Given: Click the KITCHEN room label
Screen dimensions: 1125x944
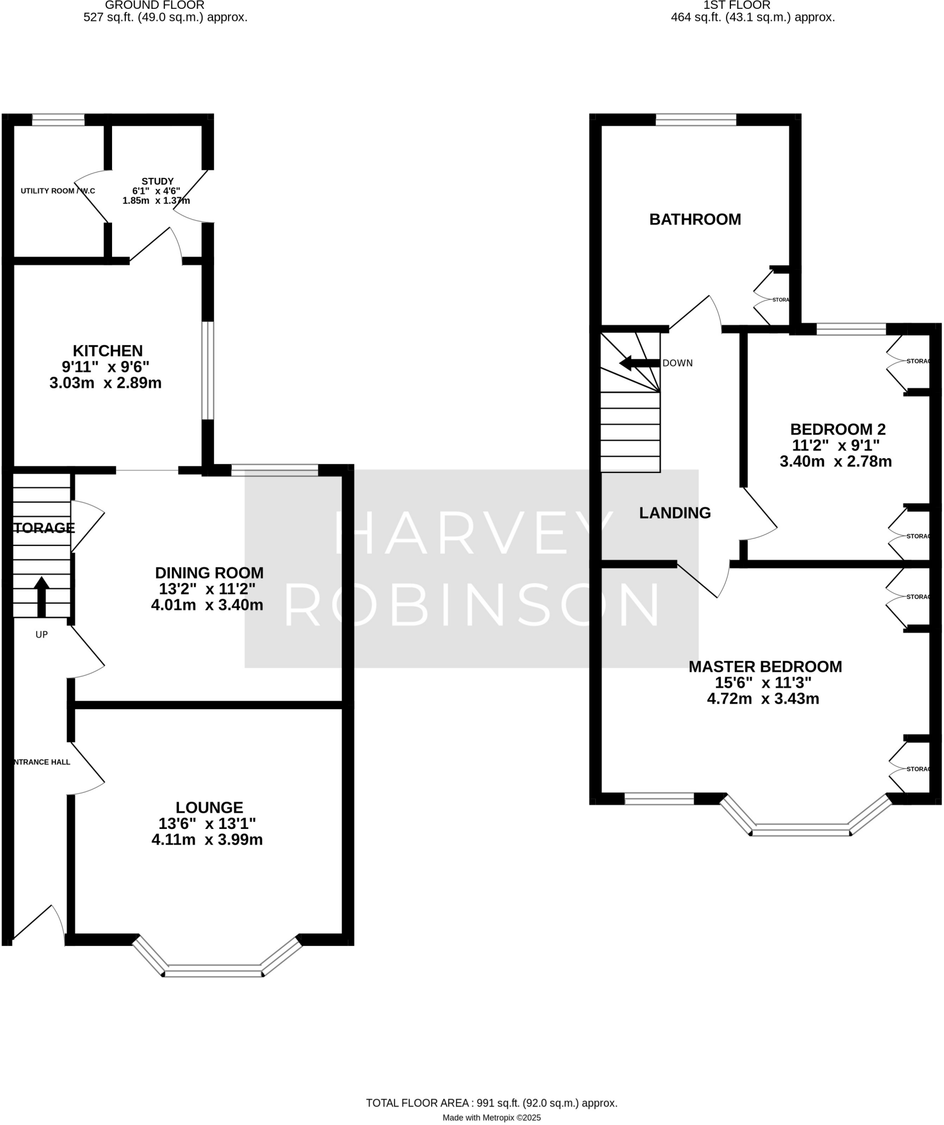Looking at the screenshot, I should pos(108,350).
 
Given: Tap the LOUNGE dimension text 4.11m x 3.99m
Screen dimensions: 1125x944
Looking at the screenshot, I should pos(207,839).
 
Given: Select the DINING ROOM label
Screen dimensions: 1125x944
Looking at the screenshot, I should pos(209,573).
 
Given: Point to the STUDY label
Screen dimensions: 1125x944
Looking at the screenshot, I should pos(158,181).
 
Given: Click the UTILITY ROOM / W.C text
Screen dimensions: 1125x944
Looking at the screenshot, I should pos(58,191).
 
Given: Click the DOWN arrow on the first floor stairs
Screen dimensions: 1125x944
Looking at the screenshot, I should pos(639,363).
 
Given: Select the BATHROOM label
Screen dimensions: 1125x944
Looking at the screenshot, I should pos(695,220).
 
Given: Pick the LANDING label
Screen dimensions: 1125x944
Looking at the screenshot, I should pos(674,513).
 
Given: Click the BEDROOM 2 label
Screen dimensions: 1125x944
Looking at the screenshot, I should pos(837,429).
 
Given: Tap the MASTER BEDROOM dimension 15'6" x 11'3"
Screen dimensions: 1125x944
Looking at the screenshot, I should pos(763,683).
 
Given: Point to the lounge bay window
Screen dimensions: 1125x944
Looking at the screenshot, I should pos(214,970).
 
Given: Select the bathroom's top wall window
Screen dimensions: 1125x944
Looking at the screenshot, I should pos(695,120).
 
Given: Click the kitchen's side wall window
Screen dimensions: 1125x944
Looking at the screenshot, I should pos(208,371).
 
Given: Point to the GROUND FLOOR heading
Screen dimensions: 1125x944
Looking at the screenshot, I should pos(154,5).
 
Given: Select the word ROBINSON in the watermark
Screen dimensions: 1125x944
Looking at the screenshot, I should pos(472,605).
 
